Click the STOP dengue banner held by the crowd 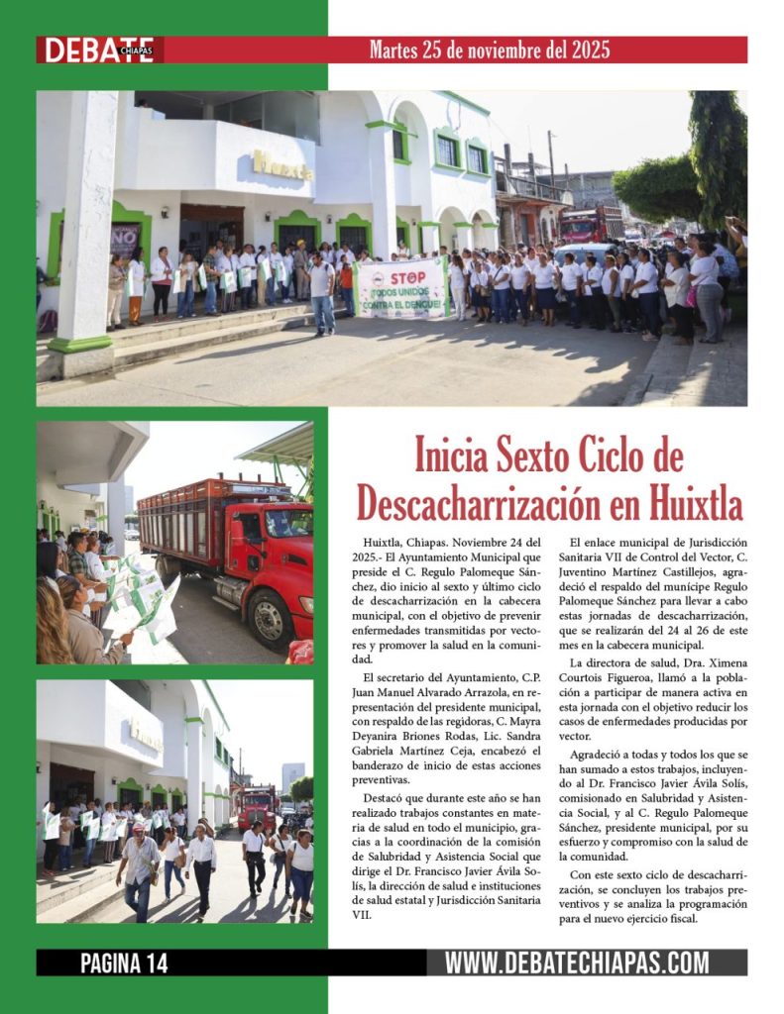[401, 288]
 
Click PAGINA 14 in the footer [124, 963]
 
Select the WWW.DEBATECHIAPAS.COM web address [576, 963]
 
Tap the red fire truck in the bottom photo [258, 804]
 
